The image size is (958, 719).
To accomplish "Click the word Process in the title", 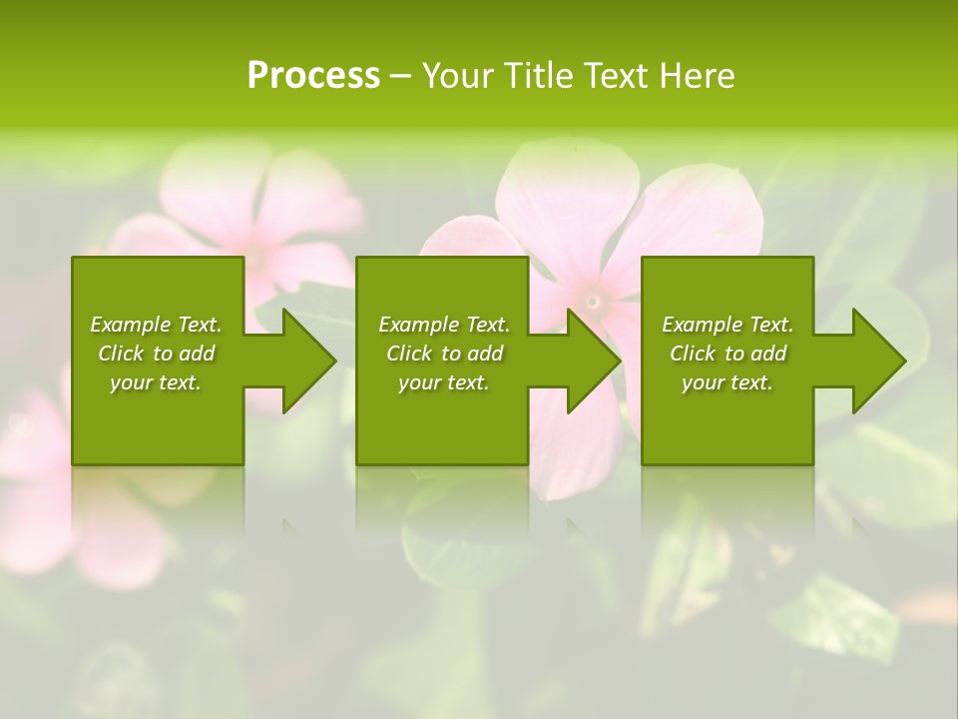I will (x=313, y=75).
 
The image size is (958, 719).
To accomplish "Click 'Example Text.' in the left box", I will (x=156, y=325).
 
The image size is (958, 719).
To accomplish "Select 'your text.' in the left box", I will (x=156, y=382).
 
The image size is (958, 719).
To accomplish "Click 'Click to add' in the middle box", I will (x=444, y=354).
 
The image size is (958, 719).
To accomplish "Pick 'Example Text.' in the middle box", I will (x=444, y=325).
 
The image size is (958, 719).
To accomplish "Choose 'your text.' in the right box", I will (x=727, y=382).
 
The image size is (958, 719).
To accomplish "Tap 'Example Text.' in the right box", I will (x=727, y=325).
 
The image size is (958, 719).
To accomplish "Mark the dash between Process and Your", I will (x=400, y=77).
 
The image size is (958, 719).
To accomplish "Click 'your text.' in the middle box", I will (x=444, y=382).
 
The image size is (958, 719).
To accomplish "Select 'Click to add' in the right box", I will (x=727, y=354).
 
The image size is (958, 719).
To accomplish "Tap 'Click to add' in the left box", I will (x=156, y=354).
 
